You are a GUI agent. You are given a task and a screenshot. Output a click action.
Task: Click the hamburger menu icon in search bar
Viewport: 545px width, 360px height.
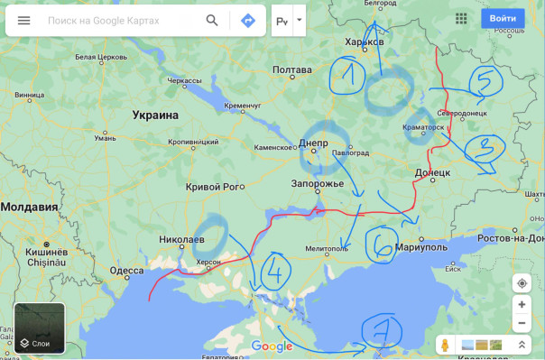click(23, 20)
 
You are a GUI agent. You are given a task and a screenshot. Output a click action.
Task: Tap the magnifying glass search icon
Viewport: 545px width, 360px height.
click(212, 20)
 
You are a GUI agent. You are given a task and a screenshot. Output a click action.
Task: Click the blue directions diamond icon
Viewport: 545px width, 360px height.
click(248, 20)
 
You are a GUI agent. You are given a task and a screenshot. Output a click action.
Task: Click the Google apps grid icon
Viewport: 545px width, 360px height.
click(462, 18)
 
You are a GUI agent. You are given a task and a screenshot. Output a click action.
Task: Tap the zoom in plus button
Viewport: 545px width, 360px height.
click(522, 305)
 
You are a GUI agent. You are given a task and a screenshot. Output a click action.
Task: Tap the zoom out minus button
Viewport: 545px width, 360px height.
click(522, 323)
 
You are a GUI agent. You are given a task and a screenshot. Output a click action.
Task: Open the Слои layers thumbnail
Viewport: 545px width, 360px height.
click(39, 328)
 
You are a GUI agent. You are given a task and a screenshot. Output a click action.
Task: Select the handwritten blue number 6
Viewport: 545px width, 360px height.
click(381, 243)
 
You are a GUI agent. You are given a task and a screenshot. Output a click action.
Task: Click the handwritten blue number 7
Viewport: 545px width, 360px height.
click(381, 331)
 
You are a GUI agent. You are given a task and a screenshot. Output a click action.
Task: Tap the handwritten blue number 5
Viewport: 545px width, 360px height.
click(485, 83)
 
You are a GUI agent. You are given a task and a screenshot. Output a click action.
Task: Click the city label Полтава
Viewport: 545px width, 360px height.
click(291, 69)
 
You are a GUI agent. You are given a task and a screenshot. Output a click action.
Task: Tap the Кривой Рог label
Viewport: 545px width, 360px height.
click(215, 187)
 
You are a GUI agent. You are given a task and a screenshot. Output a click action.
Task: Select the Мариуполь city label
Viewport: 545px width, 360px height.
click(421, 246)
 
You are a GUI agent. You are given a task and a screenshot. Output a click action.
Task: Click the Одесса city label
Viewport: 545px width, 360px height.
click(126, 271)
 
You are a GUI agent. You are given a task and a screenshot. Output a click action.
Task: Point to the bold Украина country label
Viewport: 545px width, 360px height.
click(155, 115)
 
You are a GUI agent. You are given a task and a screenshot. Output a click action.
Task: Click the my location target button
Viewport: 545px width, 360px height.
click(522, 283)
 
